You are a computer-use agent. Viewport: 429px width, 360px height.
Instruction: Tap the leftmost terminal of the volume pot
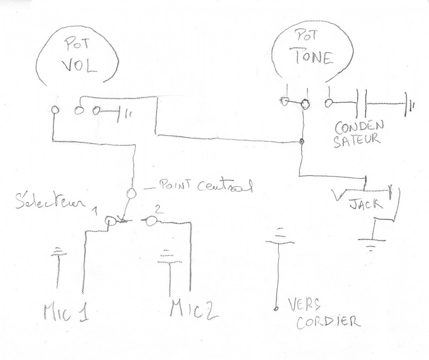tap(55, 110)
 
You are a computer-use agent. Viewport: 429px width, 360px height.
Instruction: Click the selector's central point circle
tap(132, 193)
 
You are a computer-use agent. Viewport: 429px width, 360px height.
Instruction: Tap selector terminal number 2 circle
tap(153, 220)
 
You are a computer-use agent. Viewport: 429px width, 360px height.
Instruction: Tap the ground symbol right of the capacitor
tap(410, 103)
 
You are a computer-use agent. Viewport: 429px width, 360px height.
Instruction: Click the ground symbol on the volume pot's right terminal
tap(127, 112)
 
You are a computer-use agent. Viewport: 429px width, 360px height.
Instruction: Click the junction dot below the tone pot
tap(302, 141)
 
